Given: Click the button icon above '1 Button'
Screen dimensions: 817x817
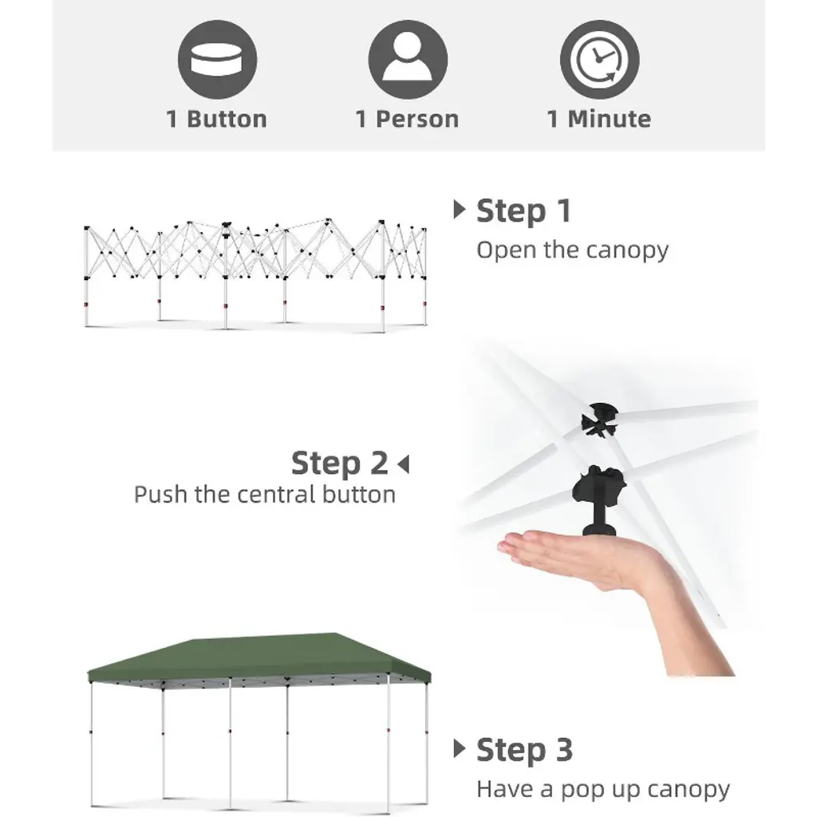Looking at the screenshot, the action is click(x=217, y=59).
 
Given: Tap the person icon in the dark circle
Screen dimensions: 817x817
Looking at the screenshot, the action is click(x=408, y=59).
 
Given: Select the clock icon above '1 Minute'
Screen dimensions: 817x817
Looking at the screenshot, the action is click(x=599, y=59).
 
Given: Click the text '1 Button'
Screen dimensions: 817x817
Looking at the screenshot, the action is click(x=216, y=120).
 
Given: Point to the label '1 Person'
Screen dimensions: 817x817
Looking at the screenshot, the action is click(x=407, y=120).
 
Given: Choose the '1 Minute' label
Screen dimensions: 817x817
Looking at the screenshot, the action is click(x=598, y=120).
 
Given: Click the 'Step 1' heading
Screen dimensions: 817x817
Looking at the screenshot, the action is click(x=523, y=211).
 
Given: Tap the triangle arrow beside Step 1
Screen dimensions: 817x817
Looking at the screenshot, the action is click(x=459, y=210).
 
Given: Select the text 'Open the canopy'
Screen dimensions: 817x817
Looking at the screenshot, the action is click(x=572, y=251).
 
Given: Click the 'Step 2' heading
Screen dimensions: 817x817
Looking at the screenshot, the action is click(x=340, y=463).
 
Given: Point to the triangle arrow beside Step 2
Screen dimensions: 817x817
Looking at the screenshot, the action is click(x=403, y=464).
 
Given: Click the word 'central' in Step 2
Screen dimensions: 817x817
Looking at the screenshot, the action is click(x=276, y=495).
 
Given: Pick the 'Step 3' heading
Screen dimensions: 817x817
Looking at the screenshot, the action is click(x=524, y=750).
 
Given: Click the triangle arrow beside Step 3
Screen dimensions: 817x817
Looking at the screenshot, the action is click(x=459, y=748).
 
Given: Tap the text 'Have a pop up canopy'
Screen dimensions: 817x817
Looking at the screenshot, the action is click(x=603, y=790).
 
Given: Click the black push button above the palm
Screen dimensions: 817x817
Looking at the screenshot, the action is click(x=599, y=501).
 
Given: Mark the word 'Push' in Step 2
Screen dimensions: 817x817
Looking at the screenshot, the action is click(x=160, y=495).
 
